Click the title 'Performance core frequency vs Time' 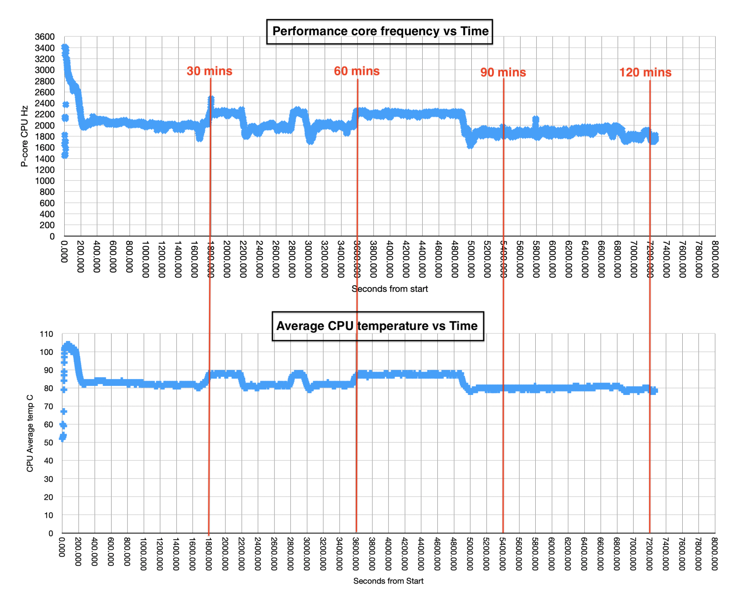(380, 31)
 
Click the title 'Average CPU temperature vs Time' (377, 326)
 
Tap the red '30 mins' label (209, 71)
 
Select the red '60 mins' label (356, 71)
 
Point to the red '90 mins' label (503, 72)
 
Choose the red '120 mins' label (645, 72)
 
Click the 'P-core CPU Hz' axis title (25, 136)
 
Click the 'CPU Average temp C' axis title (30, 433)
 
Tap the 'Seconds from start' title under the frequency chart (389, 289)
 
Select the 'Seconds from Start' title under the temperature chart (388, 581)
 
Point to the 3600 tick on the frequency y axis (45, 37)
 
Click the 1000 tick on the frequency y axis (45, 181)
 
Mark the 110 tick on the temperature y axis (46, 334)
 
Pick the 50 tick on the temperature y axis (48, 443)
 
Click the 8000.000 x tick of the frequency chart (715, 259)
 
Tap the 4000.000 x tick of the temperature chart (388, 554)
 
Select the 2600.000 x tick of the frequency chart (276, 259)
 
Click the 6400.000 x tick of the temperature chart (584, 554)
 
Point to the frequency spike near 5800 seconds (535, 120)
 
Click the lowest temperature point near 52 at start (62, 439)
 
